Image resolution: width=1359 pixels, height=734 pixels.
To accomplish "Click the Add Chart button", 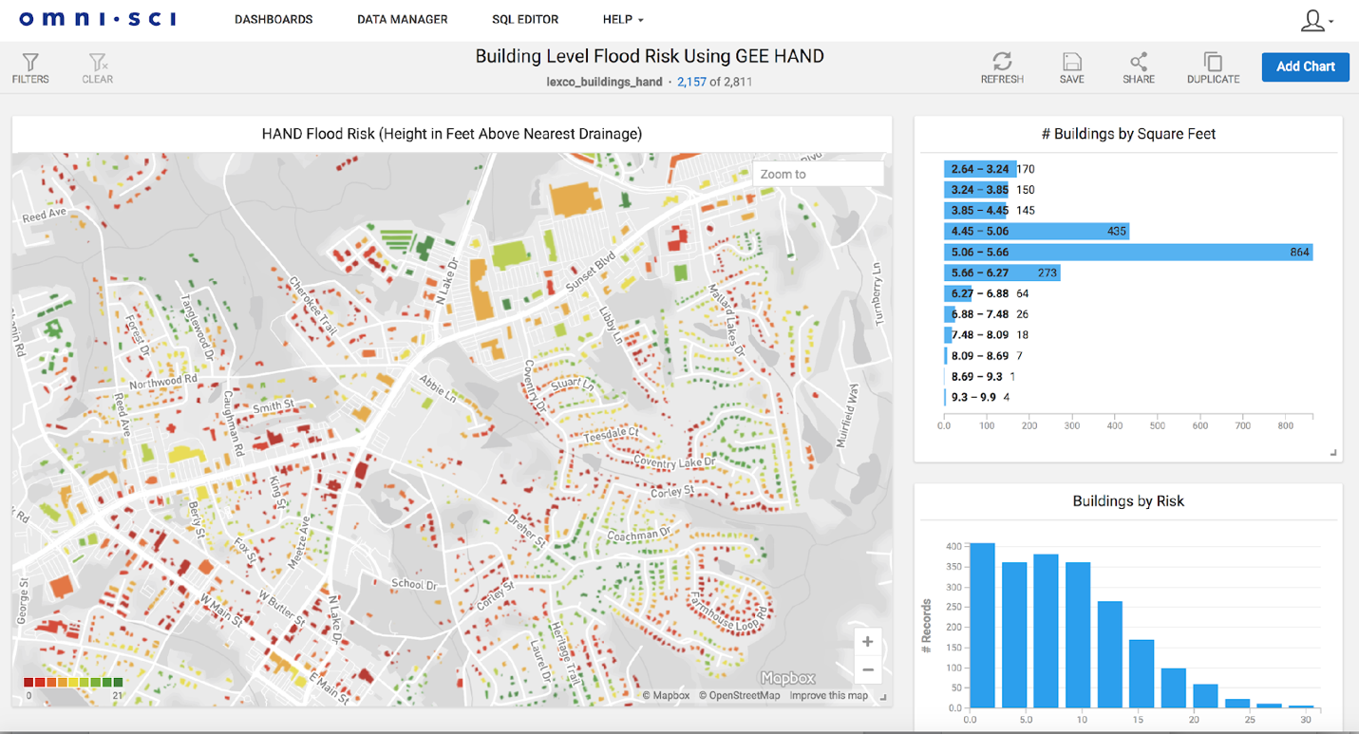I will (x=1305, y=66).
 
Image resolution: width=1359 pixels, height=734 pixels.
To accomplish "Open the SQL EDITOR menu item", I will (x=525, y=19).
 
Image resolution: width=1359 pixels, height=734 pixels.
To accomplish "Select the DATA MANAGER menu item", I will (x=402, y=19).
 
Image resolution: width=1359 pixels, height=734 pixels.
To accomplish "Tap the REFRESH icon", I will (x=1002, y=63).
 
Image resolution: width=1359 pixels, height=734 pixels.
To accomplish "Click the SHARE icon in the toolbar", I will (x=1138, y=63).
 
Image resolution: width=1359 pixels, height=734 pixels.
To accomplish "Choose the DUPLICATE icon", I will (x=1213, y=63).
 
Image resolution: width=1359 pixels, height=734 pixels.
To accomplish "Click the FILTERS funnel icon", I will (x=30, y=63).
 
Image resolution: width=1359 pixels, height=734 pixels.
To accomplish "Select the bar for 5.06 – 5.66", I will (x=1127, y=252).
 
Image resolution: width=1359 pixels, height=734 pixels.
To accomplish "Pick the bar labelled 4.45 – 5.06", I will (x=1035, y=231).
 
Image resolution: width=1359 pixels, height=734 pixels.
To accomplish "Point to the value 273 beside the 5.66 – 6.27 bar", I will (x=1048, y=273).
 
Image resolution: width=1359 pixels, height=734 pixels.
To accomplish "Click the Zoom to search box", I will (x=818, y=174).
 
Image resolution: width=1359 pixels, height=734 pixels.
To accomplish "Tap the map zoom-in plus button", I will (x=867, y=642).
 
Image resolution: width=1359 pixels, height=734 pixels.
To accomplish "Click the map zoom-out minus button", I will (x=867, y=670).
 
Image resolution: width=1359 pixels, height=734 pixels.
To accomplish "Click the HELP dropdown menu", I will (x=623, y=19).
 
